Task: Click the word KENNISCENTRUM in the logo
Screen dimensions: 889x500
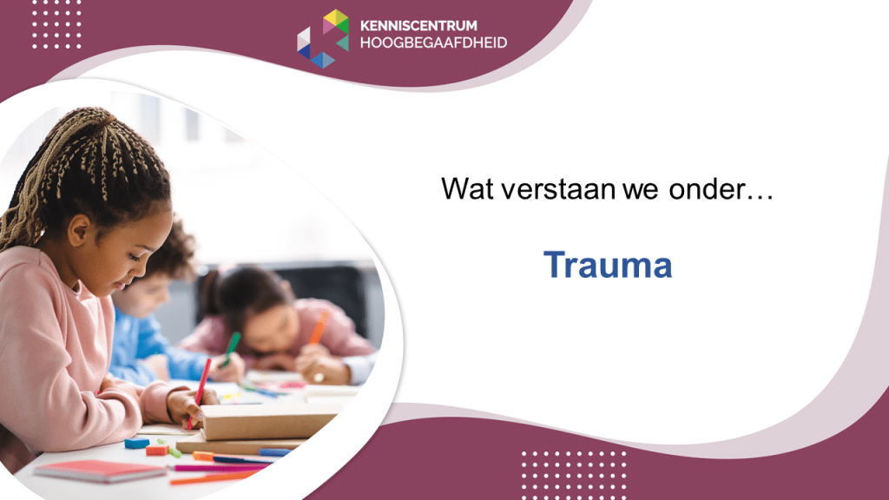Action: pos(418,25)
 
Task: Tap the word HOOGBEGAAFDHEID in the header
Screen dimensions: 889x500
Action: pos(433,43)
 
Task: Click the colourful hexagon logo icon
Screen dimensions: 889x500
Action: pos(323,38)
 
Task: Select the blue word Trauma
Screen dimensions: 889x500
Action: pos(608,265)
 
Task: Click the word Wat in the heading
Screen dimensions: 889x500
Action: pos(467,188)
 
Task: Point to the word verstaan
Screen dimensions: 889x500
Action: pos(558,189)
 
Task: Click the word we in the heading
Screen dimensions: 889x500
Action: pos(641,191)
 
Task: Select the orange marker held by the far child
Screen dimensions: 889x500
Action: pos(319,327)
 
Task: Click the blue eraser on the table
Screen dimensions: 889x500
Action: pos(136,443)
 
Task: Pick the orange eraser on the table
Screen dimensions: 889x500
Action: pos(157,451)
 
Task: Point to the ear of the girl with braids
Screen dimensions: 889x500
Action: pos(78,229)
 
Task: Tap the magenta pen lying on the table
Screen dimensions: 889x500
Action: pos(218,468)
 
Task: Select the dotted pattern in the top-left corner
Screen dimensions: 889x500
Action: pos(56,24)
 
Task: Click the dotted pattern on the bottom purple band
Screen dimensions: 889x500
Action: pos(574,474)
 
